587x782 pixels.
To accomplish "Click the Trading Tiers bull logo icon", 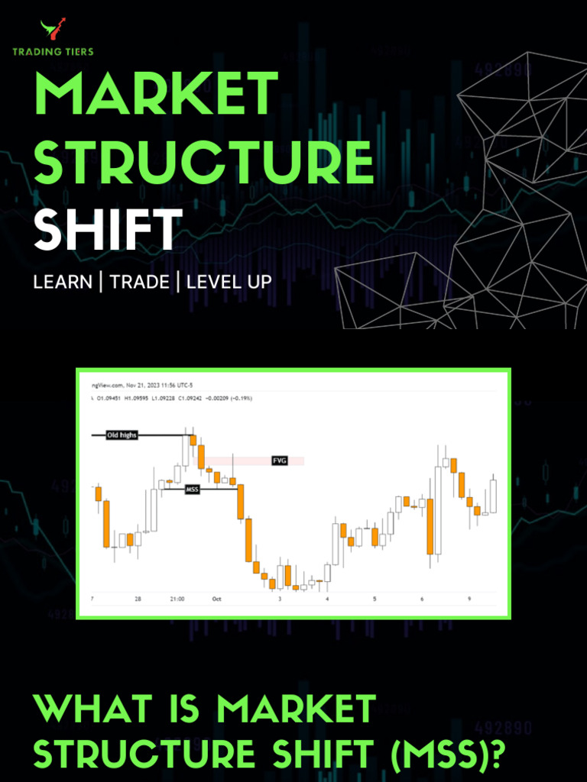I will click(x=53, y=31).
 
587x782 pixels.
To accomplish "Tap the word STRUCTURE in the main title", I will click(x=203, y=162).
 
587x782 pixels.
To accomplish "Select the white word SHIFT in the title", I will click(x=108, y=229).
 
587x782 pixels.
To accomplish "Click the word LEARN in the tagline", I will click(x=62, y=282).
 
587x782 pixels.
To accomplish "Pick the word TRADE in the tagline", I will click(x=139, y=282).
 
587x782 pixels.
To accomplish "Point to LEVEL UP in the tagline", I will click(x=229, y=282).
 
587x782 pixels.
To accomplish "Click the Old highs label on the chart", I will click(x=122, y=435).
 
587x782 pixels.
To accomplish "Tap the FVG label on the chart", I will click(x=279, y=460).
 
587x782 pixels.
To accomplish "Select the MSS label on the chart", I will click(x=192, y=489).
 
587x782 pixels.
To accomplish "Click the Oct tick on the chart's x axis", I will click(x=216, y=599).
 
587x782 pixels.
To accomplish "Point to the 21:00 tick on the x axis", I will click(x=177, y=599).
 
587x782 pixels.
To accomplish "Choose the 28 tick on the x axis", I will click(x=138, y=599).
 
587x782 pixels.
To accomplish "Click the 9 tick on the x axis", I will click(x=469, y=599).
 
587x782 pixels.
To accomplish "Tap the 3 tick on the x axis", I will click(x=280, y=599).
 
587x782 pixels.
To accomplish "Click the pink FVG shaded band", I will click(x=245, y=460).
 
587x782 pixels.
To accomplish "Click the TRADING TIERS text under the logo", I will click(x=53, y=52).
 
